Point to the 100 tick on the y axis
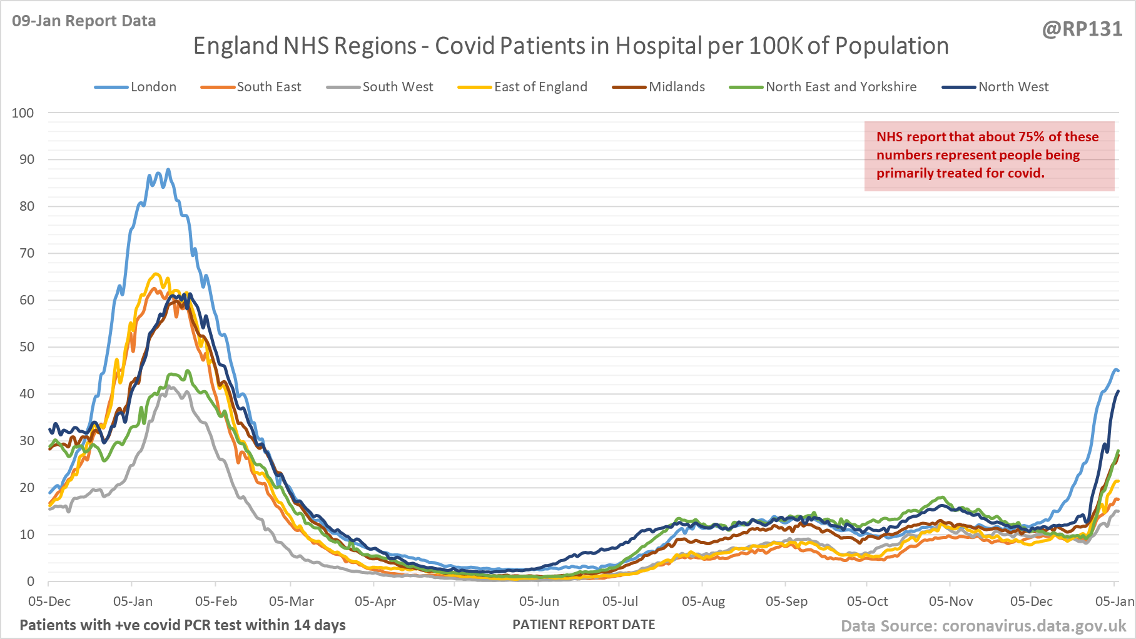(x=23, y=113)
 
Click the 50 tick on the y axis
(x=27, y=347)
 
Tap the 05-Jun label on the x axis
(x=539, y=601)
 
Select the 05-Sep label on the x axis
(x=786, y=601)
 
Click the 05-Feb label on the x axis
(x=216, y=601)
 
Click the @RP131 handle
(x=1082, y=29)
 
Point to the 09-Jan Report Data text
(x=84, y=21)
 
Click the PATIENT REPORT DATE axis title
(x=584, y=625)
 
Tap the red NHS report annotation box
(x=989, y=156)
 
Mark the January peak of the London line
(x=168, y=169)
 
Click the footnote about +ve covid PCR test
(x=183, y=625)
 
